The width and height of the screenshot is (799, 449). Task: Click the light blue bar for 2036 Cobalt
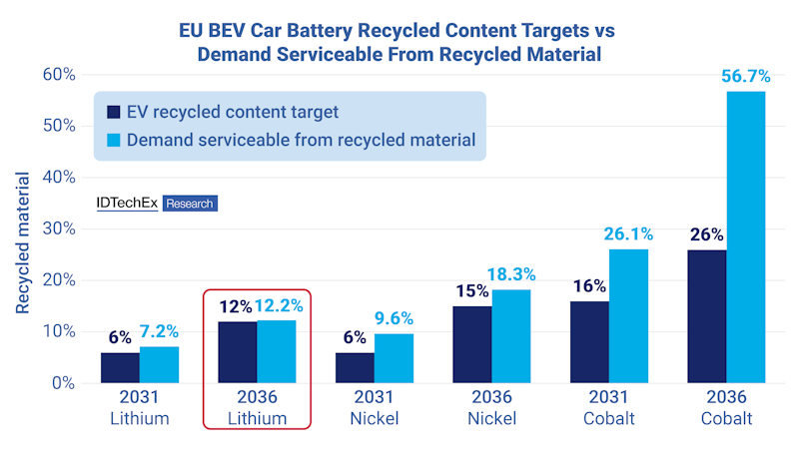(x=745, y=237)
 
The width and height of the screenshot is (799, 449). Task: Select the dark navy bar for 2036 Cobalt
(x=707, y=315)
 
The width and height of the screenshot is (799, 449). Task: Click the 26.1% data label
(x=627, y=234)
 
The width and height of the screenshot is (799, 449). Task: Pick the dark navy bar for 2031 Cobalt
(x=590, y=341)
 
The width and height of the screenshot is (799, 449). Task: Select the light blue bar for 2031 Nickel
(x=394, y=357)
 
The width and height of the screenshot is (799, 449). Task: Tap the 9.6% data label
(x=395, y=319)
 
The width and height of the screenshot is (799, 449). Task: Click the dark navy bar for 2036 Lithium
(x=238, y=351)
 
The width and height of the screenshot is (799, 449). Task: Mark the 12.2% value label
(x=278, y=306)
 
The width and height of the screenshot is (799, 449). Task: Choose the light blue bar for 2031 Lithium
(x=159, y=363)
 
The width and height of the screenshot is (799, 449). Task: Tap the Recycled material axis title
(x=22, y=242)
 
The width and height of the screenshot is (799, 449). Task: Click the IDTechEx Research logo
(x=155, y=203)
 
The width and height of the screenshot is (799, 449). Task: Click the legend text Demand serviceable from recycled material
(x=300, y=140)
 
